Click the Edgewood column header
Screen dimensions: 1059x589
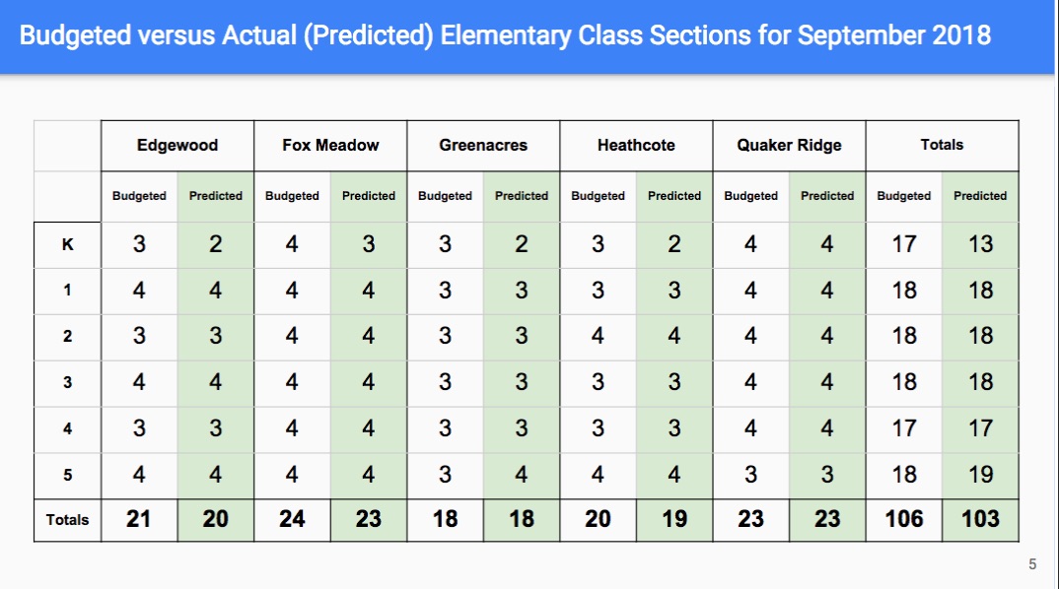pyautogui.click(x=176, y=145)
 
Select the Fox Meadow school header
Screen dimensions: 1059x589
pyautogui.click(x=330, y=145)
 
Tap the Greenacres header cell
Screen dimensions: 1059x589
pyautogui.click(x=483, y=145)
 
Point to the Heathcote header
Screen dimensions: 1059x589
pyautogui.click(x=636, y=145)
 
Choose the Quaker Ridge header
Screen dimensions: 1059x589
pyautogui.click(x=789, y=145)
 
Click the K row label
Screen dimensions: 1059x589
pyautogui.click(x=67, y=244)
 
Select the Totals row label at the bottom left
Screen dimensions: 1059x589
pyautogui.click(x=67, y=519)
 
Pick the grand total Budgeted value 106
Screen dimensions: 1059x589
pyautogui.click(x=903, y=519)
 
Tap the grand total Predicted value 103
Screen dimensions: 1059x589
pyautogui.click(x=980, y=519)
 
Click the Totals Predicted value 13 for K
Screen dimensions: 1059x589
pyautogui.click(x=980, y=243)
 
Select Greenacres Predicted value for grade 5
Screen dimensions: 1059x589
pyautogui.click(x=522, y=475)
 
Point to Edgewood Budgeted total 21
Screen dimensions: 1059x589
pyautogui.click(x=138, y=519)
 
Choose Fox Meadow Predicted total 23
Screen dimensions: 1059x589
pyautogui.click(x=368, y=519)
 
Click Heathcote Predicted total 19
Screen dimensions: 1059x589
pyautogui.click(x=674, y=519)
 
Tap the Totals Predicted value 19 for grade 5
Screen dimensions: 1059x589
pyautogui.click(x=980, y=475)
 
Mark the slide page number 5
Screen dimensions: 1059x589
pyautogui.click(x=1032, y=564)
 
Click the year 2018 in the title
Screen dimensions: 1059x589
pyautogui.click(x=961, y=35)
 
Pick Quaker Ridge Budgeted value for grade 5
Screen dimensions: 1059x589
pyautogui.click(x=750, y=475)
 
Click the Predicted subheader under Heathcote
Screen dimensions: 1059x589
pyautogui.click(x=674, y=196)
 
